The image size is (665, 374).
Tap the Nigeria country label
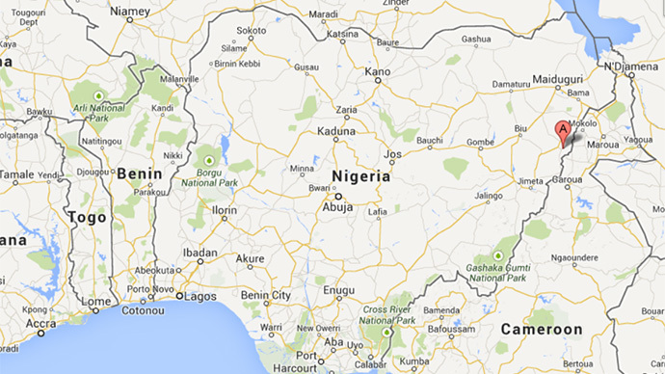tap(360, 176)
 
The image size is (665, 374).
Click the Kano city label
tap(378, 71)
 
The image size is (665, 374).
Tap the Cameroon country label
tap(542, 330)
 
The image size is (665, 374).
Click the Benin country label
tap(137, 174)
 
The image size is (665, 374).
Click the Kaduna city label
tap(337, 132)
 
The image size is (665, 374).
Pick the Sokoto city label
tap(252, 31)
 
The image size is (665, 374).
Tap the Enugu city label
tap(340, 289)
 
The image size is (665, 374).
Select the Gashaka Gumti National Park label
tap(497, 270)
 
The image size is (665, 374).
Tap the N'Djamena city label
tap(628, 67)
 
